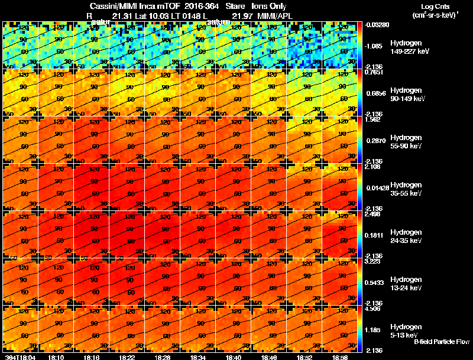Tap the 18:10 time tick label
click(x=56, y=357)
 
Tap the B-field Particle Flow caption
click(x=441, y=342)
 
